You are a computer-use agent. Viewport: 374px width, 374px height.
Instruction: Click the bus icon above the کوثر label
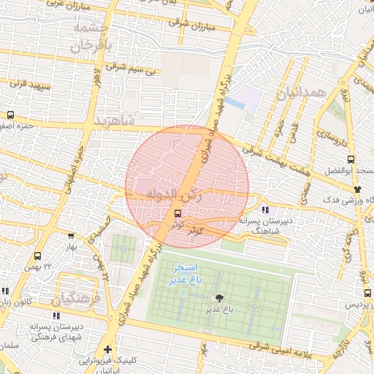click(x=178, y=213)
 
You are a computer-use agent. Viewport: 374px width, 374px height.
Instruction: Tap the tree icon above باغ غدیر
click(x=218, y=297)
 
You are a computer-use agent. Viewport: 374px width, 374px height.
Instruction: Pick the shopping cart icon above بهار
click(x=71, y=236)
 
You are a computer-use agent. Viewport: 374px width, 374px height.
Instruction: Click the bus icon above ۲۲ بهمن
click(x=37, y=256)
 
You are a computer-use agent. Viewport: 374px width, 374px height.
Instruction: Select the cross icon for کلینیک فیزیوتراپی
click(x=109, y=349)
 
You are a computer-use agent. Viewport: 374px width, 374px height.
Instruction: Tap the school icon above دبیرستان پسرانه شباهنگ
click(x=264, y=210)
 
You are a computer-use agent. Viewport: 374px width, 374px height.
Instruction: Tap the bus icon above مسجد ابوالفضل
click(x=351, y=159)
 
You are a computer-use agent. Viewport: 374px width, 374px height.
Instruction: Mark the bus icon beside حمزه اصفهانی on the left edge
click(x=10, y=115)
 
